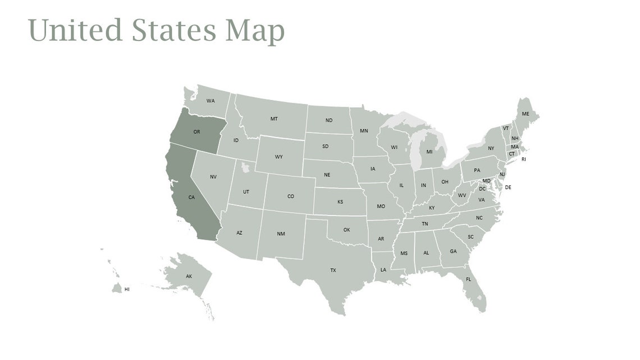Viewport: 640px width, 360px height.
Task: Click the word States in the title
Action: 174,30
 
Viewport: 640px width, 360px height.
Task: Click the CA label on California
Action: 191,197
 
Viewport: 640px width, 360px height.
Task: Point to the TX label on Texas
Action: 333,270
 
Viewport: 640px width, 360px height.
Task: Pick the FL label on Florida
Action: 468,279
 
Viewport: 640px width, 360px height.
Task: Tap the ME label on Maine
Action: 525,114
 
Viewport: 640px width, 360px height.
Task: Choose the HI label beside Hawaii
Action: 127,289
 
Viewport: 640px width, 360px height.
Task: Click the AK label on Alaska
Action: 189,276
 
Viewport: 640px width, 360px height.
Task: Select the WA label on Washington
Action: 211,101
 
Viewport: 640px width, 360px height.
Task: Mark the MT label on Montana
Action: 274,119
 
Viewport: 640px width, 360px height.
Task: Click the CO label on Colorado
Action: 290,197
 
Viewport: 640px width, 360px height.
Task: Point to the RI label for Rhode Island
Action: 524,159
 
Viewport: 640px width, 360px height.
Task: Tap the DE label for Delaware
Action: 508,187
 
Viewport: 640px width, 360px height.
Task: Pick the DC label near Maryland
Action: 482,189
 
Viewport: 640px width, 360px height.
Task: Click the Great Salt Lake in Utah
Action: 244,166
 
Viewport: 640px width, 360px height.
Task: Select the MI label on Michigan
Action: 429,152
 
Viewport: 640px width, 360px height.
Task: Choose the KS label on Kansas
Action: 340,202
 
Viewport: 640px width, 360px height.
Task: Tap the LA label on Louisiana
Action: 383,270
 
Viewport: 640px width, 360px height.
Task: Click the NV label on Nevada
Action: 213,177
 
